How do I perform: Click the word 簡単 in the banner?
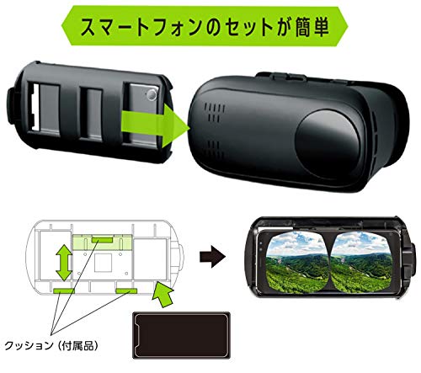(312, 27)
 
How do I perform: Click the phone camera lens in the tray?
(152, 94)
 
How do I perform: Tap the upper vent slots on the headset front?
(215, 113)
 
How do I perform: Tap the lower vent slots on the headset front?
(216, 150)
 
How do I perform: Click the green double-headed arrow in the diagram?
(64, 263)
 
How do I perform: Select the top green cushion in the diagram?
(103, 240)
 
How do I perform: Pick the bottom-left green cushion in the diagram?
(64, 290)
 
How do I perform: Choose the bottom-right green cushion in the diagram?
(126, 290)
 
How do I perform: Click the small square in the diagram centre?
(103, 263)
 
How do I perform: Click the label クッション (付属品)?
(51, 345)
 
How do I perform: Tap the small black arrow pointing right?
(212, 257)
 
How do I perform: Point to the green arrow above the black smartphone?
(163, 294)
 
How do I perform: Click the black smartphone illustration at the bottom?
(181, 335)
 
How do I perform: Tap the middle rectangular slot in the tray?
(91, 113)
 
